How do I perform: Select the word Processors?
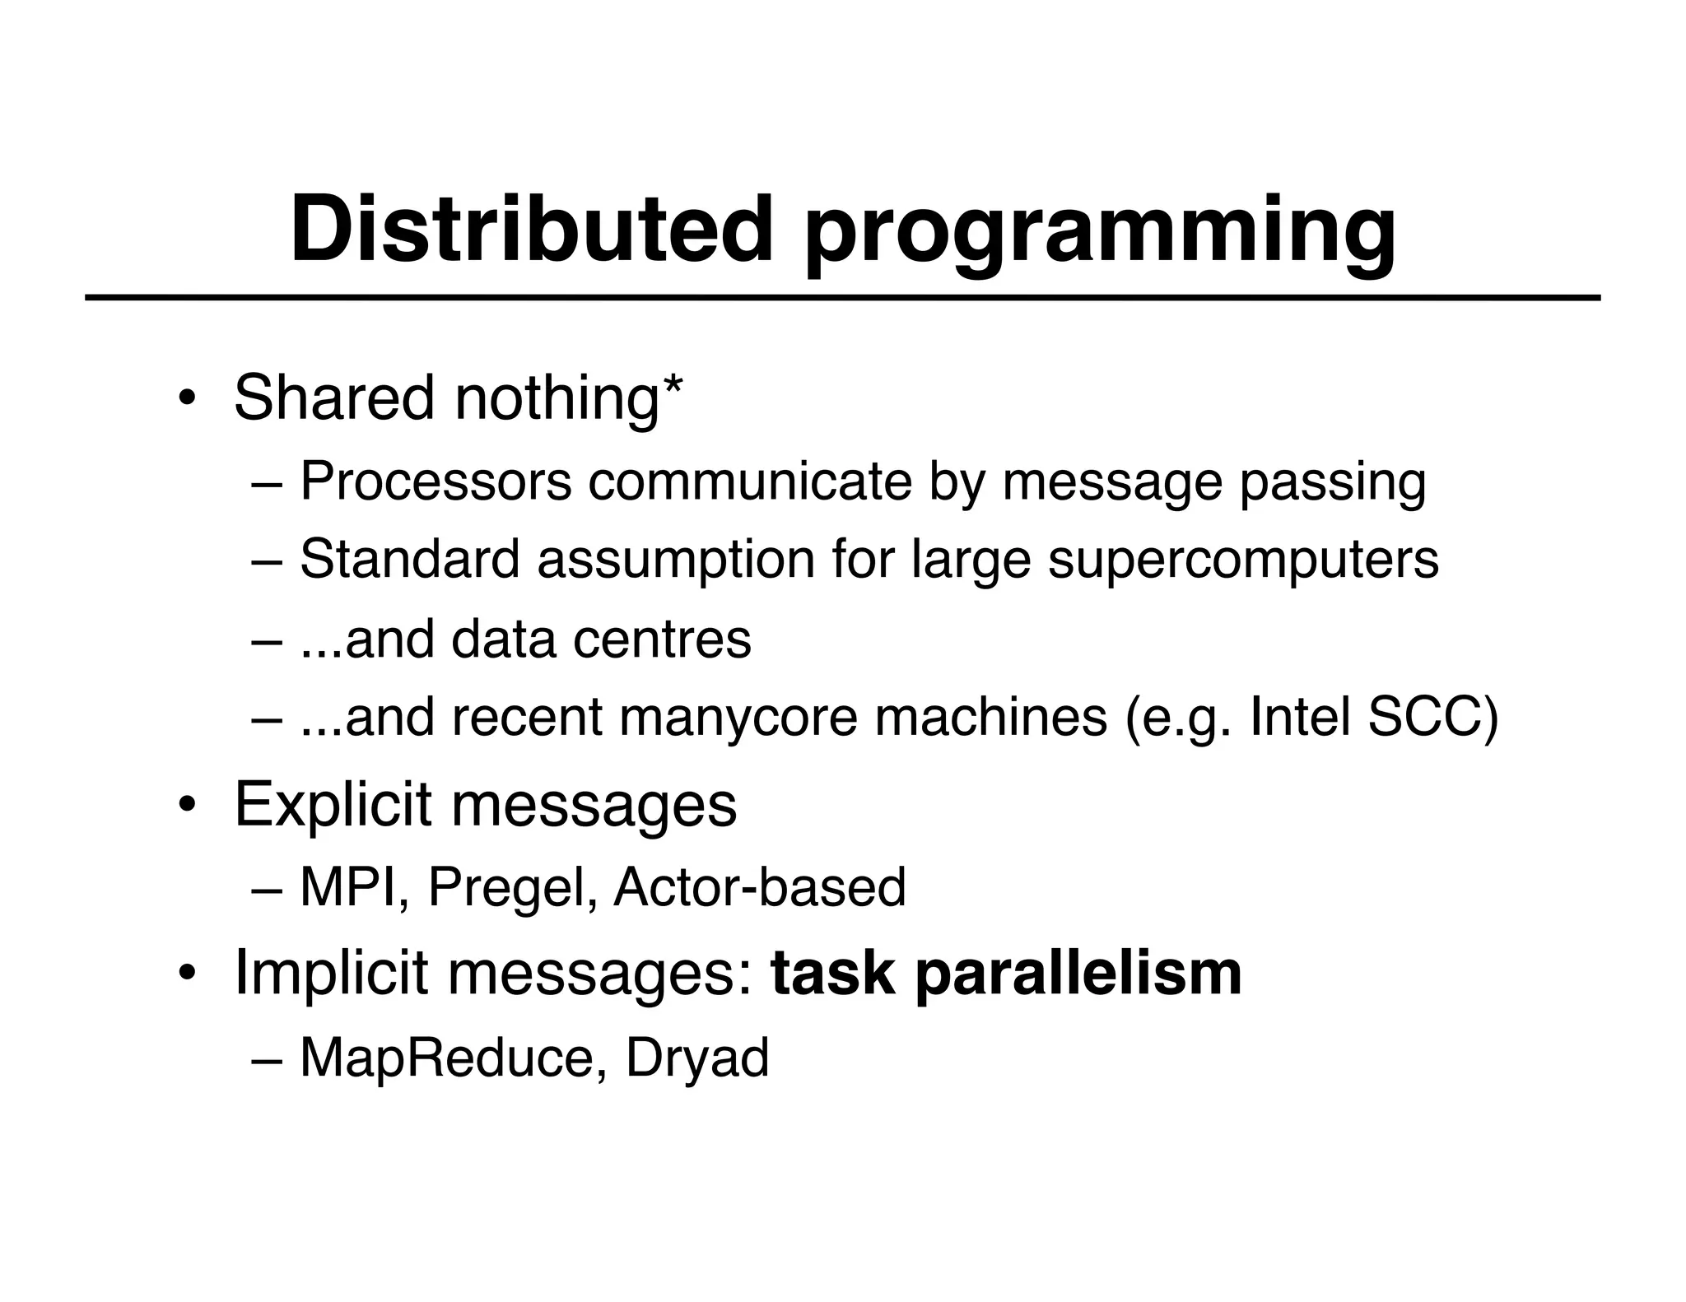coord(435,481)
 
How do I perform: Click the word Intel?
coord(1298,718)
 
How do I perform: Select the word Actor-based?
coord(759,888)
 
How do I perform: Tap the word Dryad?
coord(696,1060)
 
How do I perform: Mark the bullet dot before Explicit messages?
coord(187,805)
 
